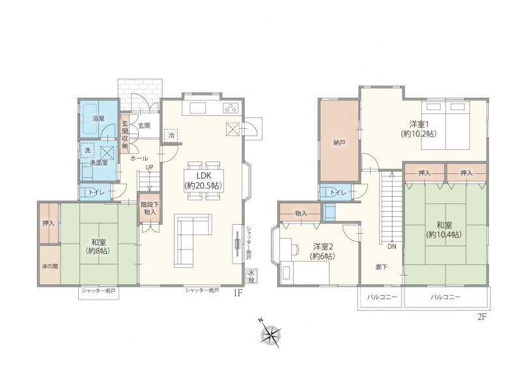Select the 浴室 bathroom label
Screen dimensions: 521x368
[x=98, y=119]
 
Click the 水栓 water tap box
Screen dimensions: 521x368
[x=251, y=276]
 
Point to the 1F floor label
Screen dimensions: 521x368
[x=238, y=293]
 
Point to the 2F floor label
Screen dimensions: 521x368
[x=482, y=317]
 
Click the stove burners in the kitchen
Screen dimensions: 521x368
[x=231, y=107]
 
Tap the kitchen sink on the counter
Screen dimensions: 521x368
[x=198, y=108]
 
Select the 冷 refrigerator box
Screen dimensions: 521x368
[x=171, y=136]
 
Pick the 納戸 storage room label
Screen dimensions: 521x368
[x=339, y=143]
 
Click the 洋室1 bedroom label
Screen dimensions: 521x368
[x=419, y=124]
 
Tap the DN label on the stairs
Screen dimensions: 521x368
[x=392, y=247]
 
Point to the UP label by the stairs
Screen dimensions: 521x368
[x=150, y=167]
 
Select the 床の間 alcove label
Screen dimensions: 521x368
[x=50, y=266]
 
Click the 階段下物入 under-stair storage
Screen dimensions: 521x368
[x=150, y=208]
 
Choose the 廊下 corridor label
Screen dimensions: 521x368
[x=382, y=267]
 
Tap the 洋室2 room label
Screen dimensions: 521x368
[x=323, y=247]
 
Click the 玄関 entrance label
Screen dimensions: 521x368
[x=144, y=125]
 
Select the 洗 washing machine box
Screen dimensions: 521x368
[x=87, y=150]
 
